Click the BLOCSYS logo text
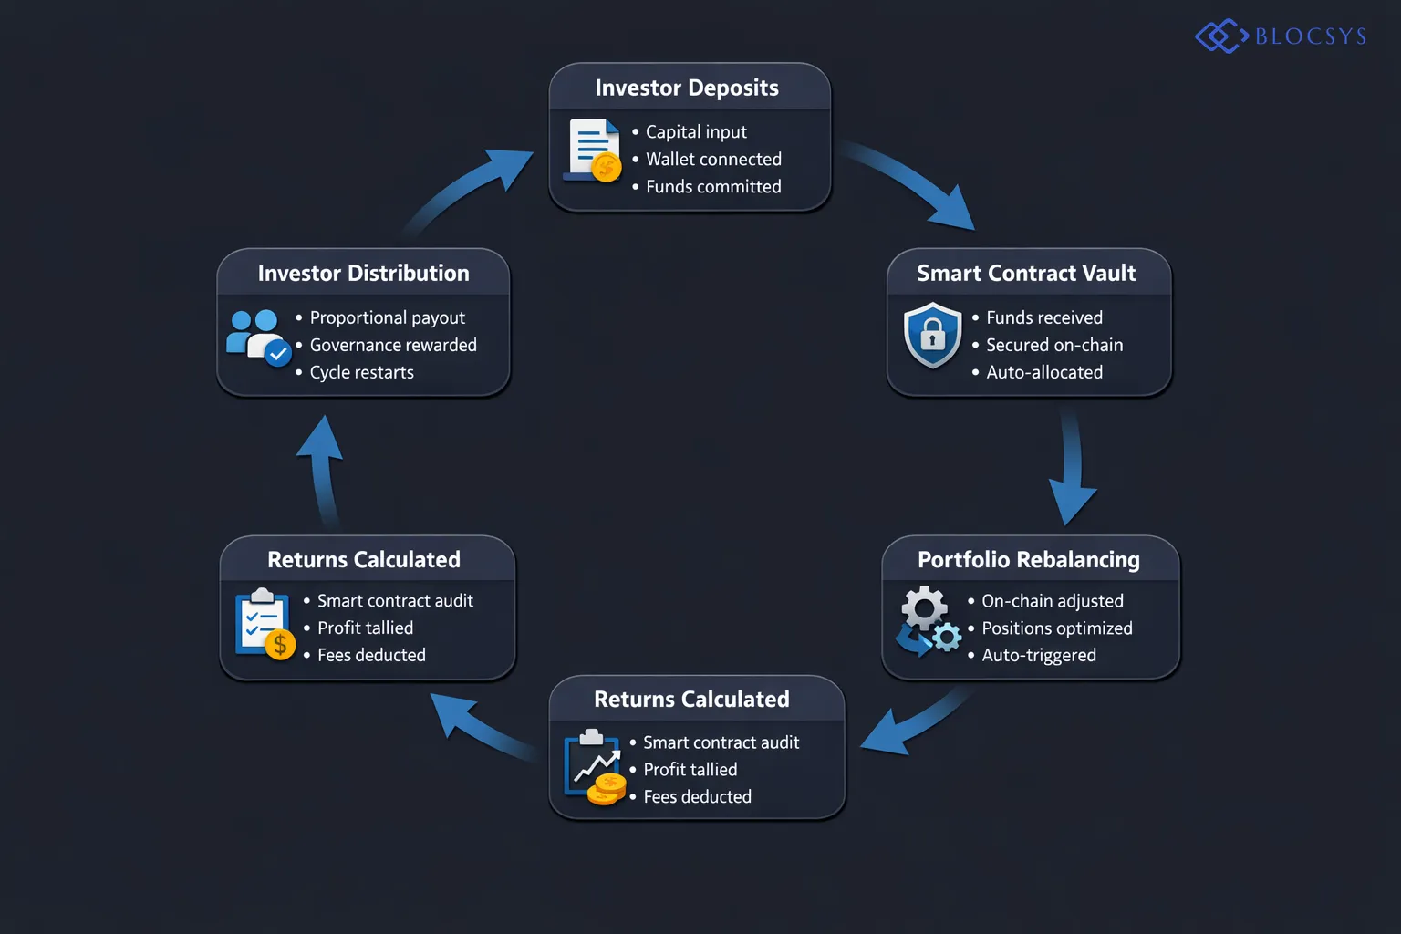pyautogui.click(x=1310, y=36)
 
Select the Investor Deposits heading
pyautogui.click(x=687, y=88)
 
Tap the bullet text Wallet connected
pyautogui.click(x=713, y=160)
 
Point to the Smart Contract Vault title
pyautogui.click(x=1026, y=274)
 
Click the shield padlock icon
pyautogui.click(x=932, y=336)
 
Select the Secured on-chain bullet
pyautogui.click(x=1053, y=345)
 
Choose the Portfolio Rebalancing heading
pyautogui.click(x=1028, y=560)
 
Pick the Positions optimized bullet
pyautogui.click(x=1056, y=628)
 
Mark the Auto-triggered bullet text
pyautogui.click(x=1038, y=656)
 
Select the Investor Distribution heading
pyautogui.click(x=363, y=274)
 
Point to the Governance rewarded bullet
pyautogui.click(x=392, y=345)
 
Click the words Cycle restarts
pyautogui.click(x=361, y=372)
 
